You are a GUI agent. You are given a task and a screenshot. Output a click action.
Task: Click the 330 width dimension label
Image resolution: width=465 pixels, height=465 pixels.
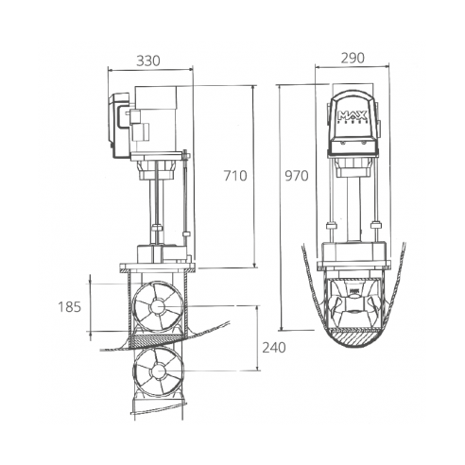click(x=149, y=60)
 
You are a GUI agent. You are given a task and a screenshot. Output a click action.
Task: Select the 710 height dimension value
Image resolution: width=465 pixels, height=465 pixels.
click(x=236, y=175)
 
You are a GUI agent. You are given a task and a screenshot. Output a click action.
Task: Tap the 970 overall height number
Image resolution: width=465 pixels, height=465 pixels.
click(x=298, y=177)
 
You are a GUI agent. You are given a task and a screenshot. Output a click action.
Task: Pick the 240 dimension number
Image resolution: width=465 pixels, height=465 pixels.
click(x=275, y=347)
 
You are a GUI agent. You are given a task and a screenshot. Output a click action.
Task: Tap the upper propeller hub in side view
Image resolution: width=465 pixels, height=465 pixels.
click(x=155, y=307)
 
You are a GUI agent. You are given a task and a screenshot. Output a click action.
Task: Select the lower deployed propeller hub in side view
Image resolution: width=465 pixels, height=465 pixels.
click(x=157, y=371)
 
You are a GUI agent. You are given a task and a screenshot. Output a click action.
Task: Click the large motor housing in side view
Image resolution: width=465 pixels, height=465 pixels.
click(x=163, y=120)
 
